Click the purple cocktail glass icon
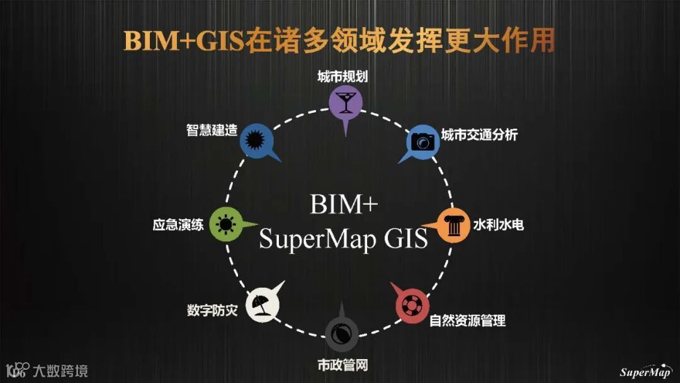344,101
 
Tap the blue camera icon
422,140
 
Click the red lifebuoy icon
412,306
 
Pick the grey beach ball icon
342,332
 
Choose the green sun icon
225,224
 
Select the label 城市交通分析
479,135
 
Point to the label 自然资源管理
467,320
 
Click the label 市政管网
342,365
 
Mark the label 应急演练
178,224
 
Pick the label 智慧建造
212,130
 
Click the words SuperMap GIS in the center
343,239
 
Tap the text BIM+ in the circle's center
343,205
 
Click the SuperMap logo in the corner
645,370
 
